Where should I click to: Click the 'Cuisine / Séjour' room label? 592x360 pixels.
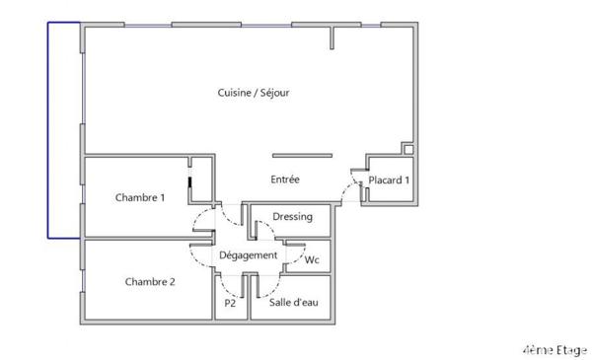tap(253, 93)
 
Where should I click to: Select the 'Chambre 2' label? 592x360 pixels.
tap(149, 281)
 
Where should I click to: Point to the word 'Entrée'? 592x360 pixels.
tap(285, 180)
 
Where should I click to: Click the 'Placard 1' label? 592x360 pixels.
tap(389, 180)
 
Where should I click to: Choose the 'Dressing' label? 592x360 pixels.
tap(292, 216)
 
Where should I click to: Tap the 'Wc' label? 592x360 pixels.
tap(312, 260)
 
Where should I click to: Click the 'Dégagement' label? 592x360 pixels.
tap(248, 254)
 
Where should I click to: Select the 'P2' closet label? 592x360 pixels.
tap(229, 304)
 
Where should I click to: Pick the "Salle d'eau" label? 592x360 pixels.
tap(294, 304)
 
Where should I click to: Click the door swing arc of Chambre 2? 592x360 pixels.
tap(204, 252)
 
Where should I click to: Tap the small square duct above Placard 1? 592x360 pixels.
tap(407, 148)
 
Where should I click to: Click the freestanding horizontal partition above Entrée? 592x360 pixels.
tap(302, 155)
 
